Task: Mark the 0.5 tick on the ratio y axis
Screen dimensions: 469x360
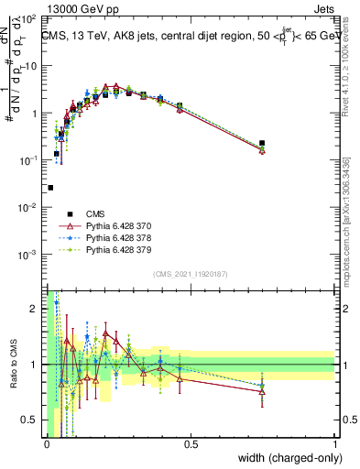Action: point(31,420)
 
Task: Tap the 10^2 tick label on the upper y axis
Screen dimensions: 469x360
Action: point(29,18)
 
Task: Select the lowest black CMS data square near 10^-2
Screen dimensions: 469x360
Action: point(50,188)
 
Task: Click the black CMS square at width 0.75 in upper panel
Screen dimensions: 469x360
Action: point(262,143)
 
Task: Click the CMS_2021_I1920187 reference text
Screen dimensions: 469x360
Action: point(190,274)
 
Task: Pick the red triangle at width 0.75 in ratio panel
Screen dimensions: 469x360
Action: point(262,391)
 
